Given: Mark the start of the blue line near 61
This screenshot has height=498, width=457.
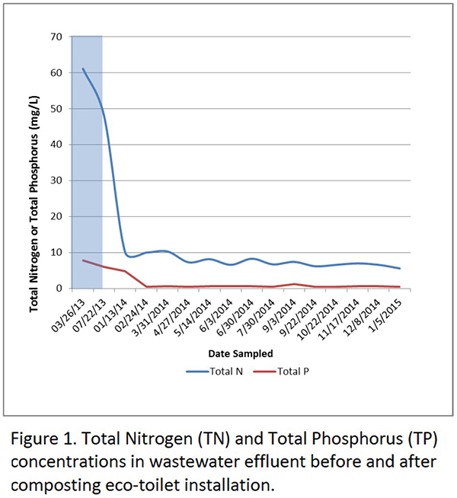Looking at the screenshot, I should (x=83, y=69).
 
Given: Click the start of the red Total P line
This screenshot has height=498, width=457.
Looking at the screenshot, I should (x=83, y=260).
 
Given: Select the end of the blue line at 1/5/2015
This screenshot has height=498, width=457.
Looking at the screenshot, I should (x=400, y=268).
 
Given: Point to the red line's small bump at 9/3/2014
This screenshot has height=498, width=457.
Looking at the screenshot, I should (x=294, y=284).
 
